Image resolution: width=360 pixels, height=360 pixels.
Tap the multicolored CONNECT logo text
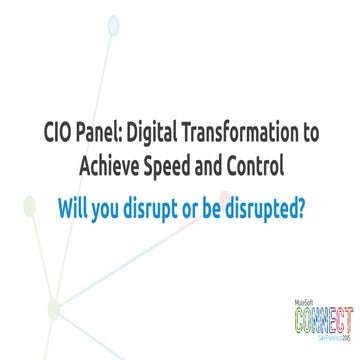coord(323,323)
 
